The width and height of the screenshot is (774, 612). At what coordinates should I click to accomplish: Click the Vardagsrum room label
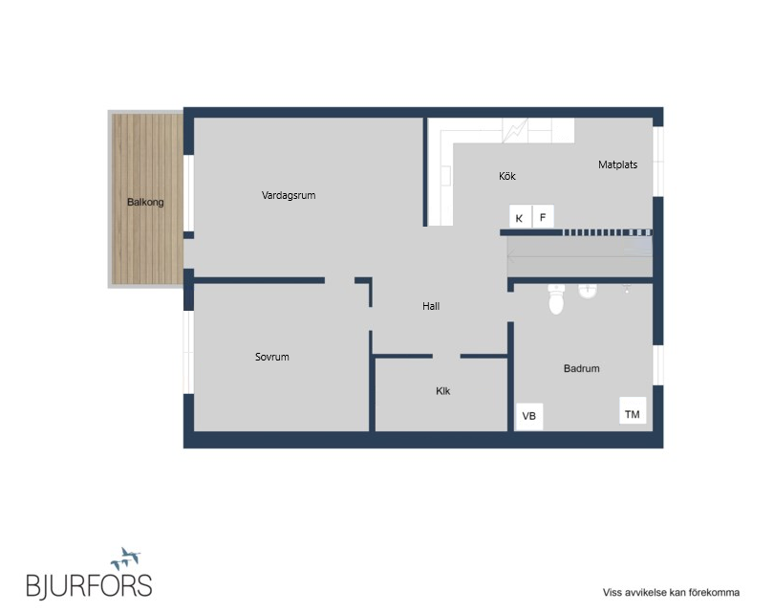tap(289, 195)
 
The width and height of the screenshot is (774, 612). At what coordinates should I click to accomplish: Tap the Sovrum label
tap(272, 357)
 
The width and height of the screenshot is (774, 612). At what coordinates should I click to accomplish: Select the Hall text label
tap(431, 306)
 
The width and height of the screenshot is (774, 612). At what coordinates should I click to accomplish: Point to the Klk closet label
tap(442, 391)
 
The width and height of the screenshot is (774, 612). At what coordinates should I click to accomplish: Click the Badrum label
tap(582, 368)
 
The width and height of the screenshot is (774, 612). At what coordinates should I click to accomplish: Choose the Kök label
tap(507, 176)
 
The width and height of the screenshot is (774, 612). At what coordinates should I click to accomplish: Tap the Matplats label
tap(617, 164)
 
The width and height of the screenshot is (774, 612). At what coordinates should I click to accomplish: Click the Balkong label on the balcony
tap(145, 202)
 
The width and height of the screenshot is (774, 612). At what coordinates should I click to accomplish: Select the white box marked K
tap(520, 216)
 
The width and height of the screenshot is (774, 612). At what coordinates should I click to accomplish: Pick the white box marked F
tap(543, 216)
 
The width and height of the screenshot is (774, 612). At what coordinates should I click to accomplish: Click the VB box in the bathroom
tap(529, 416)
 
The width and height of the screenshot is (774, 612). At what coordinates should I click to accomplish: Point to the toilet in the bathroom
tap(556, 299)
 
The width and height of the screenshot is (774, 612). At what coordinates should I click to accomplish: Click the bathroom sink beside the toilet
tap(588, 291)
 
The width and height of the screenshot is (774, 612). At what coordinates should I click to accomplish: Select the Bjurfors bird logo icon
tap(125, 558)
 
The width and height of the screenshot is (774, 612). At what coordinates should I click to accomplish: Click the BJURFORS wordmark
tap(89, 586)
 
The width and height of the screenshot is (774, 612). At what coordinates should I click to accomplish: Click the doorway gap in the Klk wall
tap(446, 356)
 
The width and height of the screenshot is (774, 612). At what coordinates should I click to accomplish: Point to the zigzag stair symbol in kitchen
tap(515, 130)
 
